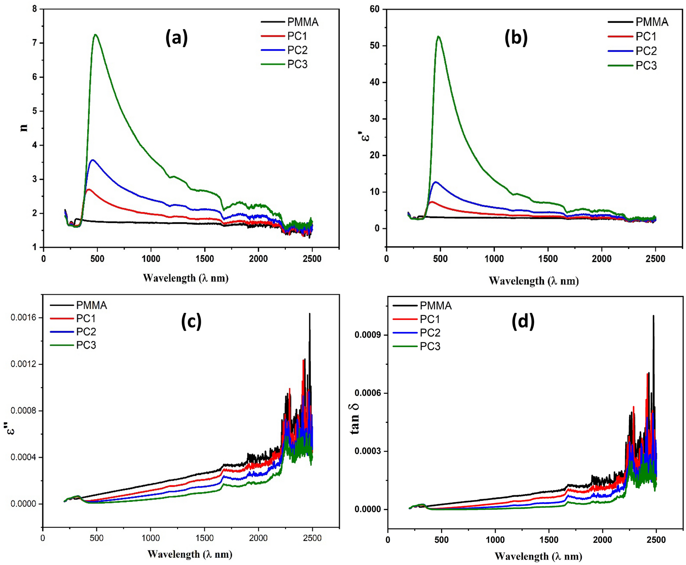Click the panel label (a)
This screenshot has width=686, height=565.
coord(176,38)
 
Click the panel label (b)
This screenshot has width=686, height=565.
coord(516,38)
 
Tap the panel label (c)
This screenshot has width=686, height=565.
coord(191,321)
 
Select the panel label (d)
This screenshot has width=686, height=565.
coord(523,321)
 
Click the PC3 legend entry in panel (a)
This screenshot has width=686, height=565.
coord(297,64)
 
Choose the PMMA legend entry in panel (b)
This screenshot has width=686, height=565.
coord(652,22)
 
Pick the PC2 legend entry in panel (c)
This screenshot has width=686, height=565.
coord(86,332)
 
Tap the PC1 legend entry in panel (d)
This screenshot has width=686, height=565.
coord(429,319)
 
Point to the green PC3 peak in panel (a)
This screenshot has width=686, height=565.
coord(95,35)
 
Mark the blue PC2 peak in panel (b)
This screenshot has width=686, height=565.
coord(436,182)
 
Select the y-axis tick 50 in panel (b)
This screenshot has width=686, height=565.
coord(374,46)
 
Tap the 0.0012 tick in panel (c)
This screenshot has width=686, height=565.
coord(23,364)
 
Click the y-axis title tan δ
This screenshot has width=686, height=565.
coord(355,417)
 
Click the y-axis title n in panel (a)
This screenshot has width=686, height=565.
coord(24,127)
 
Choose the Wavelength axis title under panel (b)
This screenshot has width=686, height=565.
coord(534,281)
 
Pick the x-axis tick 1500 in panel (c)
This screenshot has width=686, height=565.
coord(204,538)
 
